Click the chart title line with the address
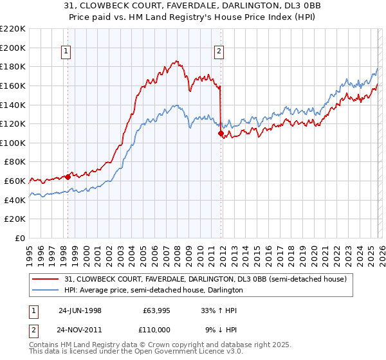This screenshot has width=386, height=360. coord(192,6)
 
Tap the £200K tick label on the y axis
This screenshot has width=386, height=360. coord(13,48)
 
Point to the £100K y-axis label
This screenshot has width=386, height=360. coord(13,143)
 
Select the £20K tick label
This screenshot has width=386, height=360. coord(15,219)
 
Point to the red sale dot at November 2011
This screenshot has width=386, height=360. coord(221,134)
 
